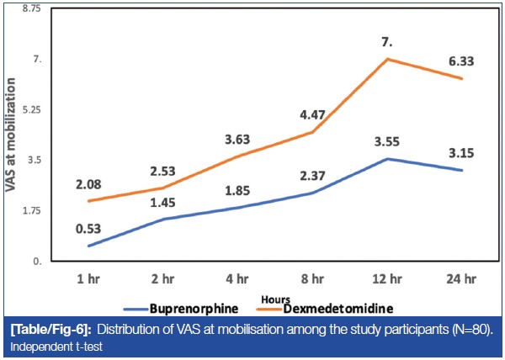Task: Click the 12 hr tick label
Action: click(387, 277)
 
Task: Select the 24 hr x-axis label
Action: click(462, 277)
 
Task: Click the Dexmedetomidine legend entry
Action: click(337, 307)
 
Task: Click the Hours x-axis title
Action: click(275, 299)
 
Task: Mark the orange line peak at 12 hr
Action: click(387, 59)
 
